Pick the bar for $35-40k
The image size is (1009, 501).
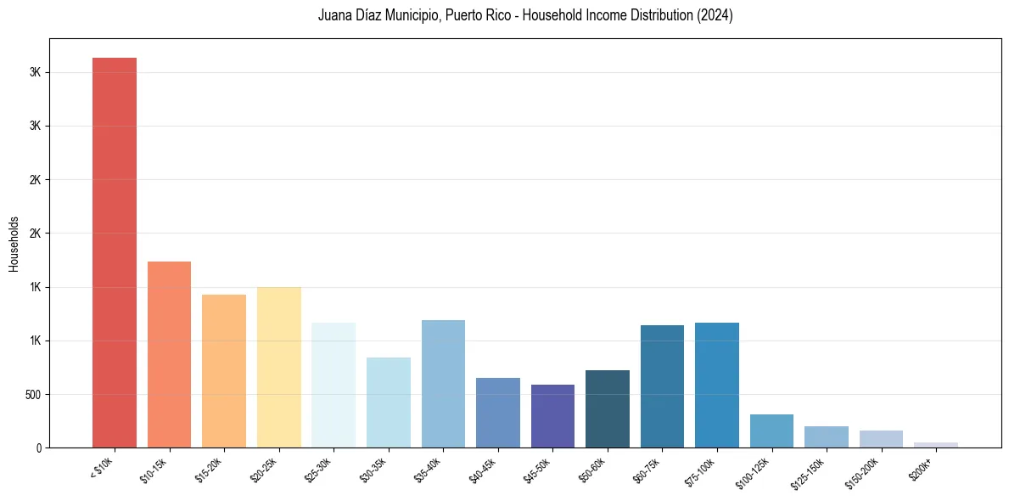pyautogui.click(x=443, y=384)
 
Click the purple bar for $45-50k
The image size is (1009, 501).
pyautogui.click(x=552, y=416)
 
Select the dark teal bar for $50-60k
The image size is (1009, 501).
pyautogui.click(x=608, y=408)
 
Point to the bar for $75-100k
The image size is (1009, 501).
pyautogui.click(x=717, y=385)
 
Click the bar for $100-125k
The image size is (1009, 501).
pyautogui.click(x=771, y=431)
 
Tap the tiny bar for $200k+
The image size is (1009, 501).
pyautogui.click(x=936, y=445)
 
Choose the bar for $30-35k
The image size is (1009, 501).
pyautogui.click(x=388, y=402)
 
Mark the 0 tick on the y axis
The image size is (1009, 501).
pyautogui.click(x=39, y=448)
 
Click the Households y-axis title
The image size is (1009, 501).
pyautogui.click(x=14, y=244)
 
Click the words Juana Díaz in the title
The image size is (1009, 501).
pyautogui.click(x=353, y=15)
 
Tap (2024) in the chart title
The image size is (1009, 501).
pyautogui.click(x=715, y=15)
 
